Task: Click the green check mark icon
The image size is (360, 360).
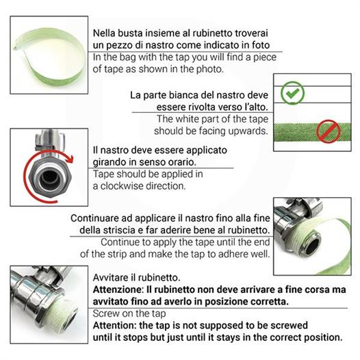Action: click(x=292, y=93)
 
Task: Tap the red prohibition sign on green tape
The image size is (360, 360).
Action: click(x=328, y=131)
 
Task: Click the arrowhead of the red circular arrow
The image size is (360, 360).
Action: click(x=70, y=159)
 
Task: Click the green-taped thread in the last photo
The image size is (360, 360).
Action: click(x=65, y=311)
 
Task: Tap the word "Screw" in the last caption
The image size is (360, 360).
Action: click(x=105, y=313)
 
